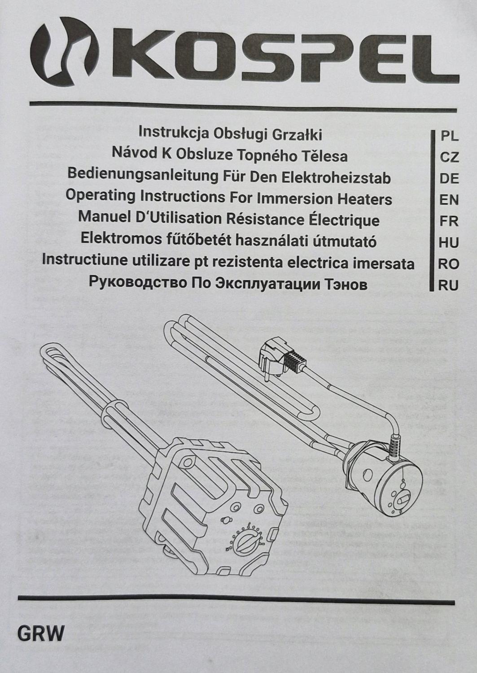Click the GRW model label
click(41, 634)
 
